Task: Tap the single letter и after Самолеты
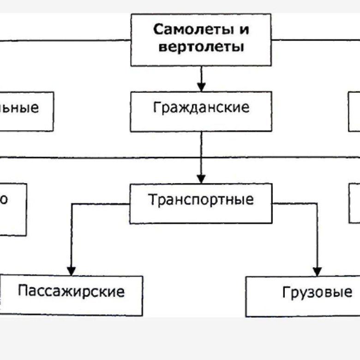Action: coord(244,30)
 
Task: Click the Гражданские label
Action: coord(201,108)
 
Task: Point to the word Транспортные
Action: coord(201,200)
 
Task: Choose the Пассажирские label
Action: coord(71,292)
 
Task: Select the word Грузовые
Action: coord(317,292)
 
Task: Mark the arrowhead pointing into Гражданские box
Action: coord(201,86)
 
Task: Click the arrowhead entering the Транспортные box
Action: coord(201,178)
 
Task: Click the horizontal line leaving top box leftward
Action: coord(65,40)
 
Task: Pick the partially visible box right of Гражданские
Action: coord(354,111)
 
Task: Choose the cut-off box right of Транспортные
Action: coord(354,203)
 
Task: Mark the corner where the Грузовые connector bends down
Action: coord(317,203)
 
